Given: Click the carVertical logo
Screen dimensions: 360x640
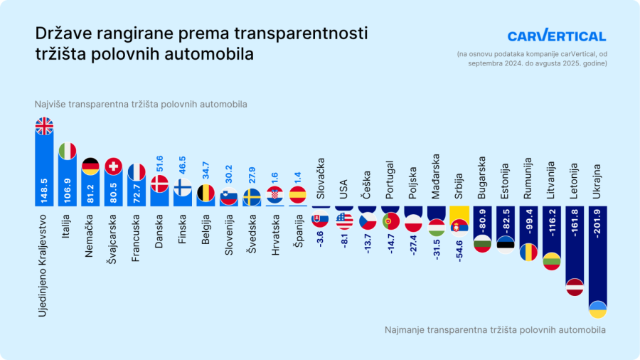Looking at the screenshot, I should (x=556, y=36).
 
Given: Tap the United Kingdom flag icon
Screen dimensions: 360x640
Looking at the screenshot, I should (x=44, y=126).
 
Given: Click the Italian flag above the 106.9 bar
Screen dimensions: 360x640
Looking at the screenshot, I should (x=67, y=151).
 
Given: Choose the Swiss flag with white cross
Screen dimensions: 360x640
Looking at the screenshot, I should (x=113, y=166).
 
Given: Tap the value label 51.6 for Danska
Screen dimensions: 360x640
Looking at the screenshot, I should (x=159, y=160).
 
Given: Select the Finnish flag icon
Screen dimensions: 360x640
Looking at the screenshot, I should (x=182, y=188).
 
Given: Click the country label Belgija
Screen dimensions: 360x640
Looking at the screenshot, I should (x=206, y=230).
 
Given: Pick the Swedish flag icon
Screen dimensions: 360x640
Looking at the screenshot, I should (x=252, y=197).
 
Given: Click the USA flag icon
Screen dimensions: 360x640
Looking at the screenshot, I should (x=344, y=221).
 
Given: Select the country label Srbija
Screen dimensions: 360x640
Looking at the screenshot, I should (x=459, y=186).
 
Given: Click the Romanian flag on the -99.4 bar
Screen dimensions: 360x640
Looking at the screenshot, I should (x=528, y=252).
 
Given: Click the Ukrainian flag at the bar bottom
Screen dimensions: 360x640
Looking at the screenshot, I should (x=597, y=309).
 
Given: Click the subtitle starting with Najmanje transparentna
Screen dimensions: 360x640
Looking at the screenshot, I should (x=495, y=330).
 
